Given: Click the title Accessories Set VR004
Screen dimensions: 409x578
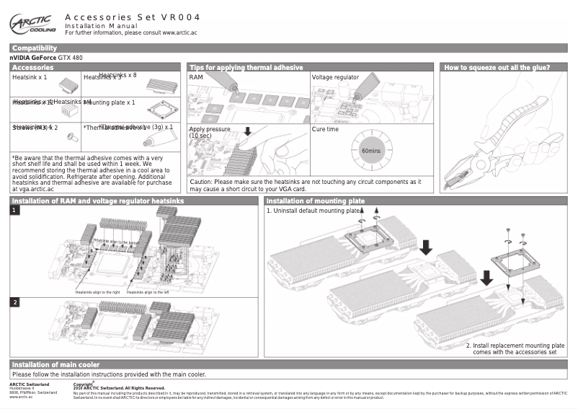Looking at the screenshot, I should tap(133, 17).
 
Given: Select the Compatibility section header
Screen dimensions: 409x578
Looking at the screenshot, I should tap(34, 48).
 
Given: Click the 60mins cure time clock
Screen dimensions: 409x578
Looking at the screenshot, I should tap(370, 150).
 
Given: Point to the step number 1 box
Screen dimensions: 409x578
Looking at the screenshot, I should tap(14, 211).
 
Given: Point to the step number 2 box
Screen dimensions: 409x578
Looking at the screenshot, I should tap(14, 302).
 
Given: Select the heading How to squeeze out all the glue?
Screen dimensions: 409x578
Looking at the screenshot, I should tap(497, 67).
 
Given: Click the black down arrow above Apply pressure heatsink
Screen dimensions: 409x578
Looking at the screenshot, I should tap(248, 132).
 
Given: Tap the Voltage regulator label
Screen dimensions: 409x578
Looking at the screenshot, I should tap(335, 76).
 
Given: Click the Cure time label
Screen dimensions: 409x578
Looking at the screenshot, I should tap(325, 129).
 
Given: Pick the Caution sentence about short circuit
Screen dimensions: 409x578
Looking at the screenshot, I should tap(306, 185).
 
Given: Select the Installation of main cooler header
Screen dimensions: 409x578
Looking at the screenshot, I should tap(56, 364).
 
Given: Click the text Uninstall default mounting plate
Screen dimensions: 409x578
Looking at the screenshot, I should tap(314, 211).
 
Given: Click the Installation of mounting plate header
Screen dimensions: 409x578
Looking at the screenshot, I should tap(316, 201).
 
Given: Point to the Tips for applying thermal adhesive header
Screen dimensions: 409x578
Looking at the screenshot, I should tap(246, 67).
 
